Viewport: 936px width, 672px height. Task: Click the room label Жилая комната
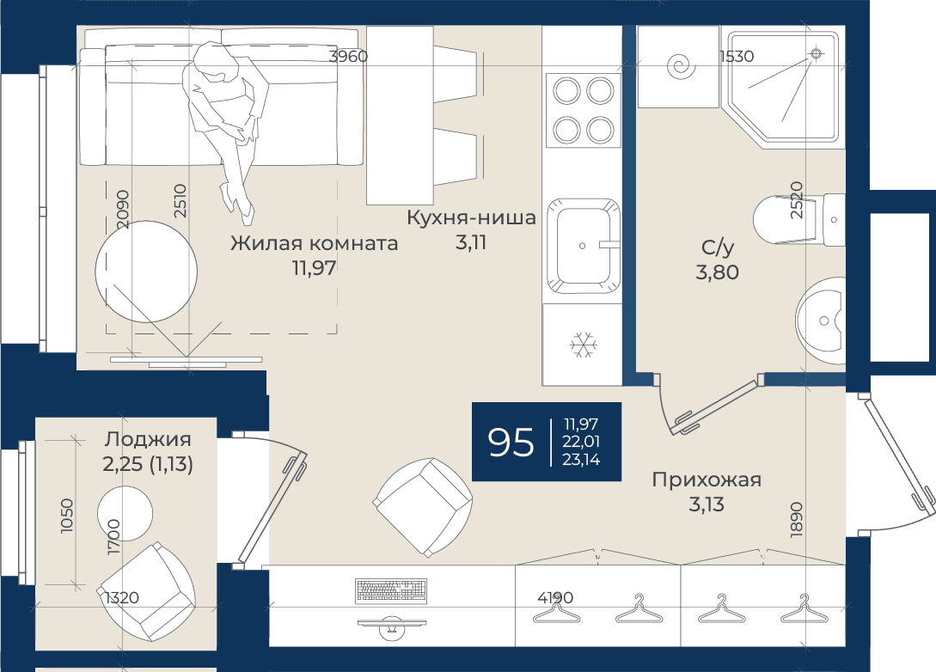[x=314, y=243]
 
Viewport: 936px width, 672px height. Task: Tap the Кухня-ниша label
[x=471, y=217]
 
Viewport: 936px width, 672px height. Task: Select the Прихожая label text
[x=707, y=480]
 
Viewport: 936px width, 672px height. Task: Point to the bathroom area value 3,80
[x=717, y=272]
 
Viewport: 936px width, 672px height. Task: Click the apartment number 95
[x=511, y=443]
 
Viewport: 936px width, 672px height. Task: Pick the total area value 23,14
[x=581, y=460]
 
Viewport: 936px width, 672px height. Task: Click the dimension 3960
[x=348, y=57]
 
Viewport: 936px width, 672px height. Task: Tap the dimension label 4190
[x=555, y=597]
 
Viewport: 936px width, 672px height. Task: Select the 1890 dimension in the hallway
[x=796, y=520]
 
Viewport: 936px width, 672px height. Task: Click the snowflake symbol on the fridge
[x=584, y=345]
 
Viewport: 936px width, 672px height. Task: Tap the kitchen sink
[x=583, y=246]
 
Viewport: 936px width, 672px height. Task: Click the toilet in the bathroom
[x=798, y=220]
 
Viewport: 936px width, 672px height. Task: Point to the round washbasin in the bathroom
[x=821, y=321]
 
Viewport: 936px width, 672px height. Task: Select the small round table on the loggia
[x=125, y=514]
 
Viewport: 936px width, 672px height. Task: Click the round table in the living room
[x=146, y=272]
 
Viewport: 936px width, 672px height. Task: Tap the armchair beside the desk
[x=423, y=507]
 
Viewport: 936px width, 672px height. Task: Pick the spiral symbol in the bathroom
[x=681, y=66]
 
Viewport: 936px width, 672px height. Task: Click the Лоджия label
[x=148, y=439]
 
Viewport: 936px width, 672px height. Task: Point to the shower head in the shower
[x=816, y=54]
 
